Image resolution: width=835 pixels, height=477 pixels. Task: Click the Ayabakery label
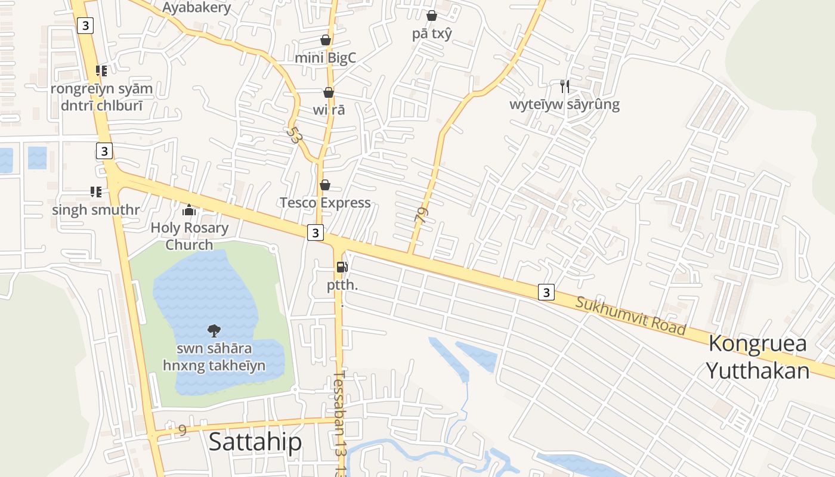point(196,8)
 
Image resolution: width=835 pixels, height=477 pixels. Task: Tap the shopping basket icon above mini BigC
point(326,40)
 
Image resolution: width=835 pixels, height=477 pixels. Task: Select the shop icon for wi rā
point(328,92)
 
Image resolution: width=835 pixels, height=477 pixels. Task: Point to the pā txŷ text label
point(432,34)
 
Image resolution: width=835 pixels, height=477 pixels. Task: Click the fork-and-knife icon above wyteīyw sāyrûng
point(564,86)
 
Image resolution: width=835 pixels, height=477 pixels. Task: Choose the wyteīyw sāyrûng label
point(564,105)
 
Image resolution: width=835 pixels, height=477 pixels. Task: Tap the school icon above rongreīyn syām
point(101,71)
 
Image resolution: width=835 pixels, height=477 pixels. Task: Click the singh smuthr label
point(95,210)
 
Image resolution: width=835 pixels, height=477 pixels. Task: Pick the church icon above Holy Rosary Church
point(189,210)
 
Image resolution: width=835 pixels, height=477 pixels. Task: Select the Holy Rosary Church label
point(189,236)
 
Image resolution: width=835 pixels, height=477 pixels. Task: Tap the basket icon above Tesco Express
point(325,185)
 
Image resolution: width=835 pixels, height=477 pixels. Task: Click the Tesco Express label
point(325,203)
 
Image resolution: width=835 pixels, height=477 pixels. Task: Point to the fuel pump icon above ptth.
point(342,267)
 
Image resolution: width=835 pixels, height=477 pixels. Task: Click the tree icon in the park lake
point(214,330)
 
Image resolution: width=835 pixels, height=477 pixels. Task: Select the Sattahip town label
point(255,442)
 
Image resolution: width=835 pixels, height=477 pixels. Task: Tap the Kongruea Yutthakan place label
point(757,357)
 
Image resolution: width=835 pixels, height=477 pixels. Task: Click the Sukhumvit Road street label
point(631,315)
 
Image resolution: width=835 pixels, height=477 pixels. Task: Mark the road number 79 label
point(421,215)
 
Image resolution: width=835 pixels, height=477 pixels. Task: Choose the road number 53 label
point(293,135)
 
